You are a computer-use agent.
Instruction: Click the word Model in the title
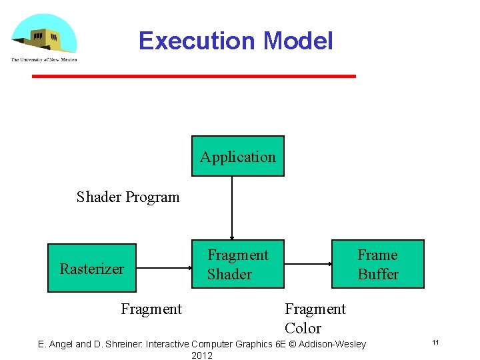pos(298,41)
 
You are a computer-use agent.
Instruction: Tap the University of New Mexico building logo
pos(43,35)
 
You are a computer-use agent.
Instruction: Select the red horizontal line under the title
pos(194,77)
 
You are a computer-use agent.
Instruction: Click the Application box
pos(238,157)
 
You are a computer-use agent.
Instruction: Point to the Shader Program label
pos(128,197)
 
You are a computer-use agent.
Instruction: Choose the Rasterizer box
pos(92,268)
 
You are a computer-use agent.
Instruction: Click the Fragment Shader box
pos(238,264)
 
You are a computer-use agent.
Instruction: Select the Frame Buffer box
pos(378,264)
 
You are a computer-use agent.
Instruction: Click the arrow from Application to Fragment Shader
pos(232,207)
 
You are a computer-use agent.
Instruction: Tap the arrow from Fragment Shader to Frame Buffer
pos(308,263)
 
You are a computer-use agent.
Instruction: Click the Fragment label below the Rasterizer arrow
pos(151,309)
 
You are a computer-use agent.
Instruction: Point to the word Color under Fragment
pos(303,328)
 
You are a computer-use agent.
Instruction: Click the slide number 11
pos(435,343)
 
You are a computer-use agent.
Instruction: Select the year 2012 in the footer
pos(201,355)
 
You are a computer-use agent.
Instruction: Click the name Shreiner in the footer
pos(121,344)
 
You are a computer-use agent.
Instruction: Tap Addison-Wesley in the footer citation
pos(333,344)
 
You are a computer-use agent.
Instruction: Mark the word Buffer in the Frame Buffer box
pos(378,274)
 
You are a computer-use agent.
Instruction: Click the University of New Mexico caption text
pos(43,60)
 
